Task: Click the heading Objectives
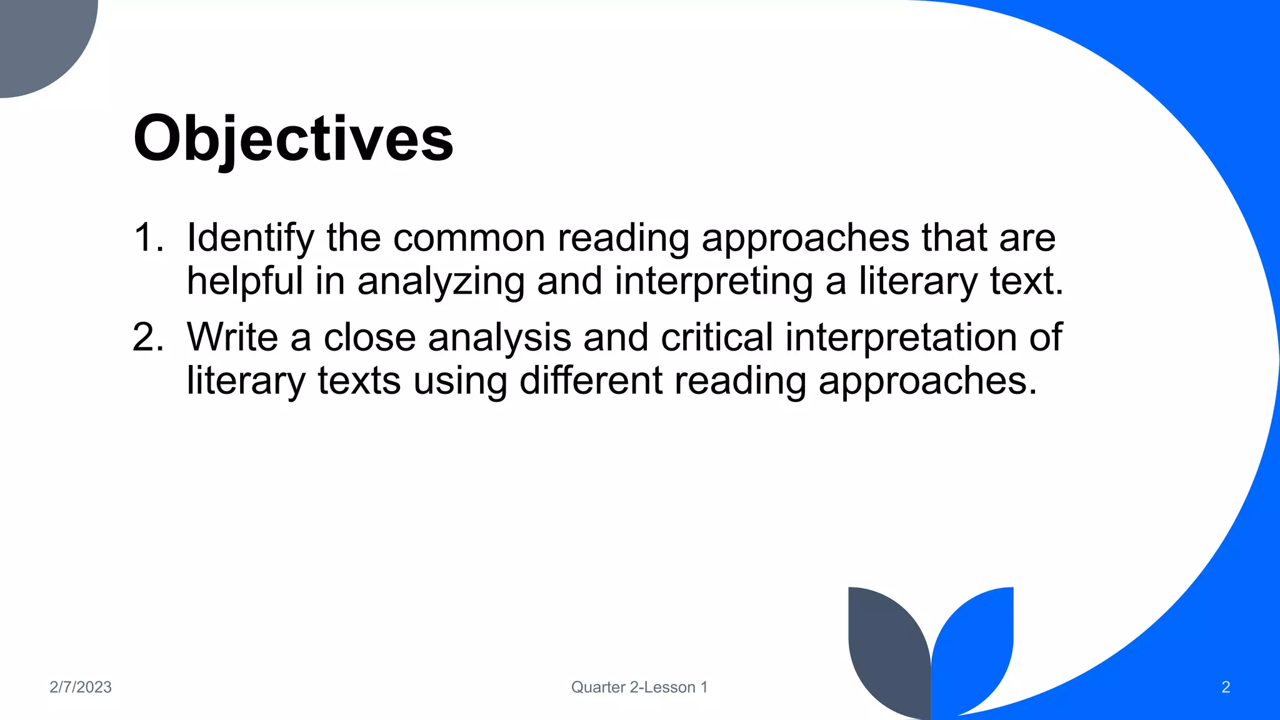[x=293, y=138]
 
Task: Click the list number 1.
[x=147, y=238]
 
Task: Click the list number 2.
[x=147, y=337]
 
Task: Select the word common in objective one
[x=469, y=238]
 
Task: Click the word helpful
[x=244, y=281]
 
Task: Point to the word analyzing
[x=441, y=281]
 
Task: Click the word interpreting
[x=713, y=281]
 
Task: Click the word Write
[x=232, y=337]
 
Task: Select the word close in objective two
[x=369, y=337]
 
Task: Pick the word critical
[x=717, y=337]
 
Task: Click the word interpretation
[x=901, y=337]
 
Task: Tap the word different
[x=591, y=380]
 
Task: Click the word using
[x=460, y=380]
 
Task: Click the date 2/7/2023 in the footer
[x=81, y=687]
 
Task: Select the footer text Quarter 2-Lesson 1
[x=639, y=687]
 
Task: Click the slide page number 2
[x=1225, y=687]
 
